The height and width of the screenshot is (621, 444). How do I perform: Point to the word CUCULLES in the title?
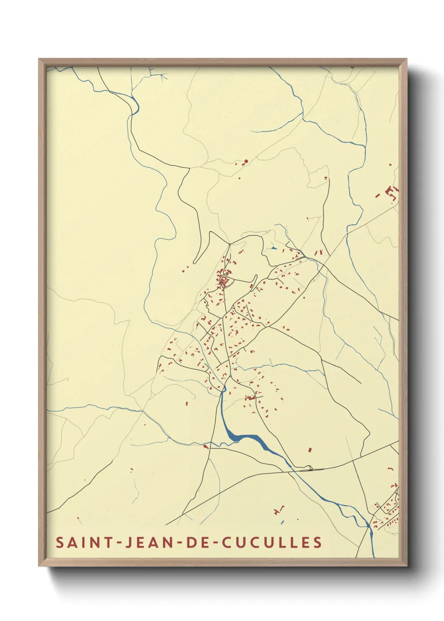click(272, 543)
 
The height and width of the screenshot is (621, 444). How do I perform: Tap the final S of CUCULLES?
click(317, 543)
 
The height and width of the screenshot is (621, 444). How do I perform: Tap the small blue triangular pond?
click(274, 248)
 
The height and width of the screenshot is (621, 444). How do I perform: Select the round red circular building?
click(246, 161)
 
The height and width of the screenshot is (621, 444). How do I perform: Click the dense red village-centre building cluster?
click(224, 279)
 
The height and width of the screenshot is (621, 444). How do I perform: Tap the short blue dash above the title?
click(282, 522)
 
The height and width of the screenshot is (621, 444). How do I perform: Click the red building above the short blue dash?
click(278, 511)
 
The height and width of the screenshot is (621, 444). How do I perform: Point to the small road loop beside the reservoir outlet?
click(310, 468)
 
